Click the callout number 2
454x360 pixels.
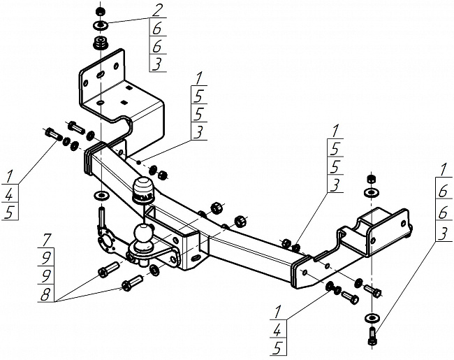[x=157, y=11]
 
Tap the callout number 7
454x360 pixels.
[x=47, y=240]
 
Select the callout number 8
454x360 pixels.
[x=45, y=294]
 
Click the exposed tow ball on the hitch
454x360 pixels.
[x=144, y=233]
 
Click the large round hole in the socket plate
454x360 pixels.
[x=104, y=243]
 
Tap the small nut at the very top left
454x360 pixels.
[x=100, y=12]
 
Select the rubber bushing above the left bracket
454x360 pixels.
[x=101, y=43]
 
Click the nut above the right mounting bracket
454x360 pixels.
[x=371, y=178]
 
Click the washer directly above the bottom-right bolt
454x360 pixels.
[x=371, y=318]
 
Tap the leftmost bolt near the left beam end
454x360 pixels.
[x=53, y=134]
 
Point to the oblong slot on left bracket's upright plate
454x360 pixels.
[x=99, y=75]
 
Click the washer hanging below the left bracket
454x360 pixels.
[x=100, y=195]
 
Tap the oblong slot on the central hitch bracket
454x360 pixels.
[x=196, y=257]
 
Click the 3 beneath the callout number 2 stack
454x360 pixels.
[x=156, y=64]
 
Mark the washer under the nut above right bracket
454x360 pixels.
[x=371, y=192]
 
